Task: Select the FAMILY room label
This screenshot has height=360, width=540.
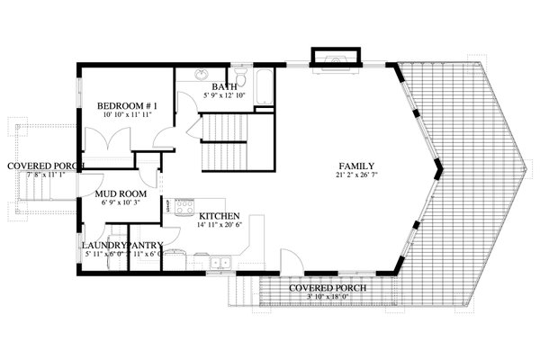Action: pyautogui.click(x=356, y=166)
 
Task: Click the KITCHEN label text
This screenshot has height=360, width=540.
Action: pyautogui.click(x=219, y=216)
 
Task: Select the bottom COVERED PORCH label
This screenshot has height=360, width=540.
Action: pyautogui.click(x=325, y=288)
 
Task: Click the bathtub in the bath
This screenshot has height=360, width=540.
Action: pyautogui.click(x=264, y=88)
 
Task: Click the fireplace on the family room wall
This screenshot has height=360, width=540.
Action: pyautogui.click(x=336, y=58)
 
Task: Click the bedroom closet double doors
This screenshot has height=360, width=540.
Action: pyautogui.click(x=107, y=142)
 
